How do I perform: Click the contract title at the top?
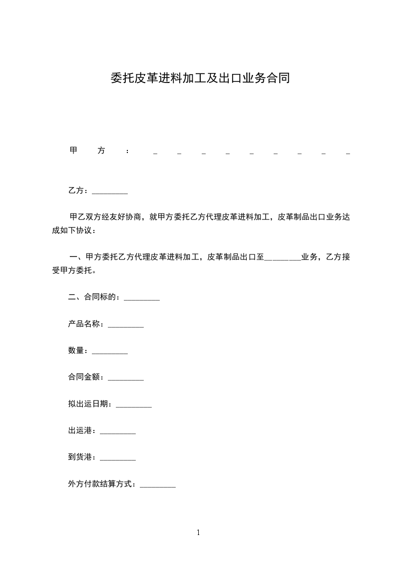click(x=200, y=78)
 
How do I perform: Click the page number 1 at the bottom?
click(x=198, y=533)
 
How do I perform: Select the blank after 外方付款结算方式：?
click(x=158, y=485)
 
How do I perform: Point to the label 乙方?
click(x=76, y=190)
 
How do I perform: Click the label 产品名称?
click(x=84, y=324)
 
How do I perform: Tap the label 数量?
click(x=76, y=350)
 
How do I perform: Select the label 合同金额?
click(x=84, y=377)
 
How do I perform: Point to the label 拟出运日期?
click(x=88, y=403)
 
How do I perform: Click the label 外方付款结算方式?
click(x=100, y=483)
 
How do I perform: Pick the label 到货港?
click(x=80, y=456)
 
